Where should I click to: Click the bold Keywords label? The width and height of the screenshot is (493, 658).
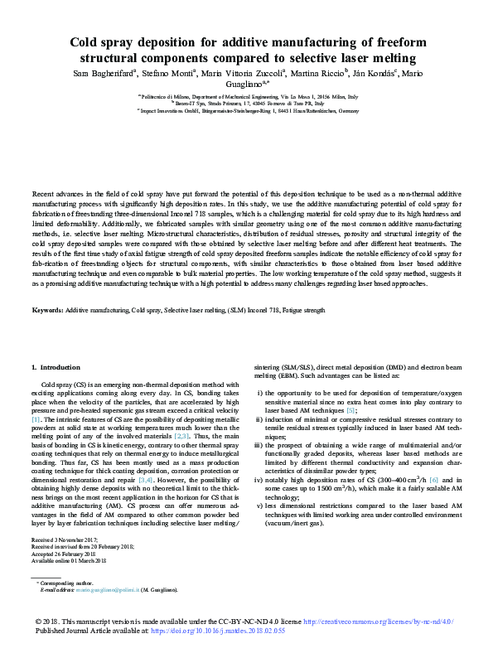pyautogui.click(x=47, y=309)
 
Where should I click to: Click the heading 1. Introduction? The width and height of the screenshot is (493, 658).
pyautogui.click(x=56, y=367)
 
